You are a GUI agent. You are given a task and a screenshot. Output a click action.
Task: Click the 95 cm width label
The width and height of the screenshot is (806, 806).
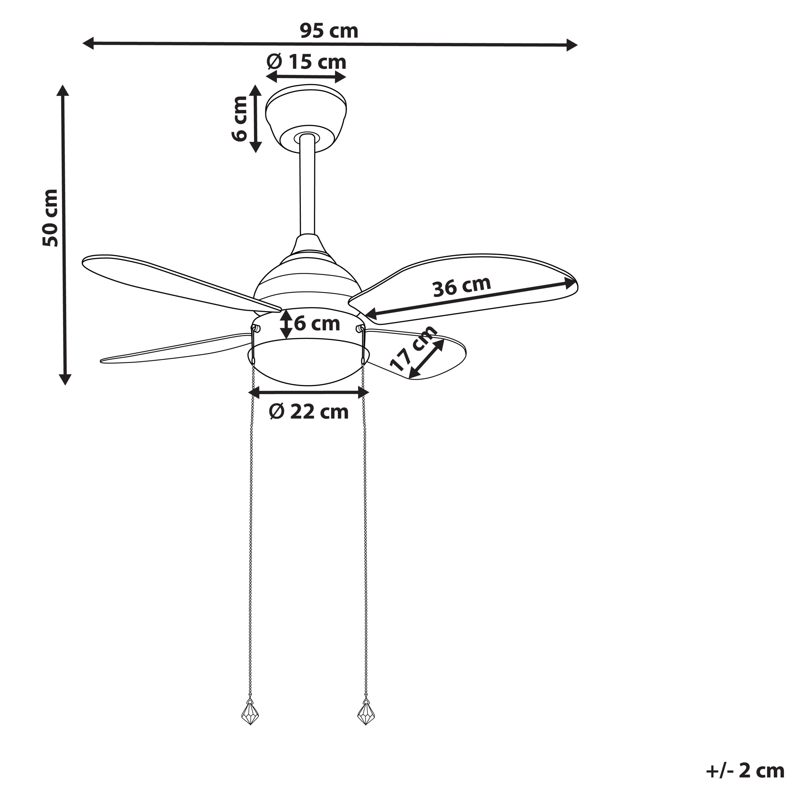click(x=329, y=31)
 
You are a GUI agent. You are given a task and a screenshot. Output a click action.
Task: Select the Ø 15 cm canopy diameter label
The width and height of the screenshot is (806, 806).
click(x=306, y=62)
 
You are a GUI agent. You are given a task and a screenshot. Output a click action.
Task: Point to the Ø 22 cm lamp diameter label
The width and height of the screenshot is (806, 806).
click(x=309, y=412)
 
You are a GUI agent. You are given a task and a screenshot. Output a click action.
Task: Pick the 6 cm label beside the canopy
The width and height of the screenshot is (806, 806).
click(x=240, y=119)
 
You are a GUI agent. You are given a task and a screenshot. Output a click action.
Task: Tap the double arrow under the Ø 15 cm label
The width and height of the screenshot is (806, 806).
click(x=306, y=77)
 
